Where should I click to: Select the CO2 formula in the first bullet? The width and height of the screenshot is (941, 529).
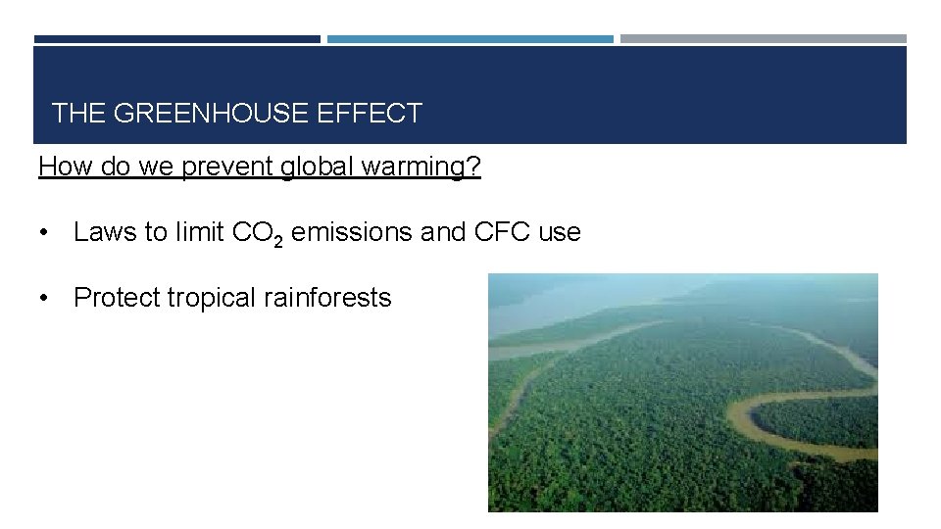coord(258,234)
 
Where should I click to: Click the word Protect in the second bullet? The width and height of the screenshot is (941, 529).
coord(117,298)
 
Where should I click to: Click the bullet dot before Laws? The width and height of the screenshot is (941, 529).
coord(44,233)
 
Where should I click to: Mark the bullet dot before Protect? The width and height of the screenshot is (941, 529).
coord(44,299)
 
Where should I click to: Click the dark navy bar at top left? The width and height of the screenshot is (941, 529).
coord(176,39)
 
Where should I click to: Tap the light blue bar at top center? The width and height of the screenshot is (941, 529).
coord(470,39)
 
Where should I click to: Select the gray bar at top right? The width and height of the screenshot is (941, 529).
coord(763,39)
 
